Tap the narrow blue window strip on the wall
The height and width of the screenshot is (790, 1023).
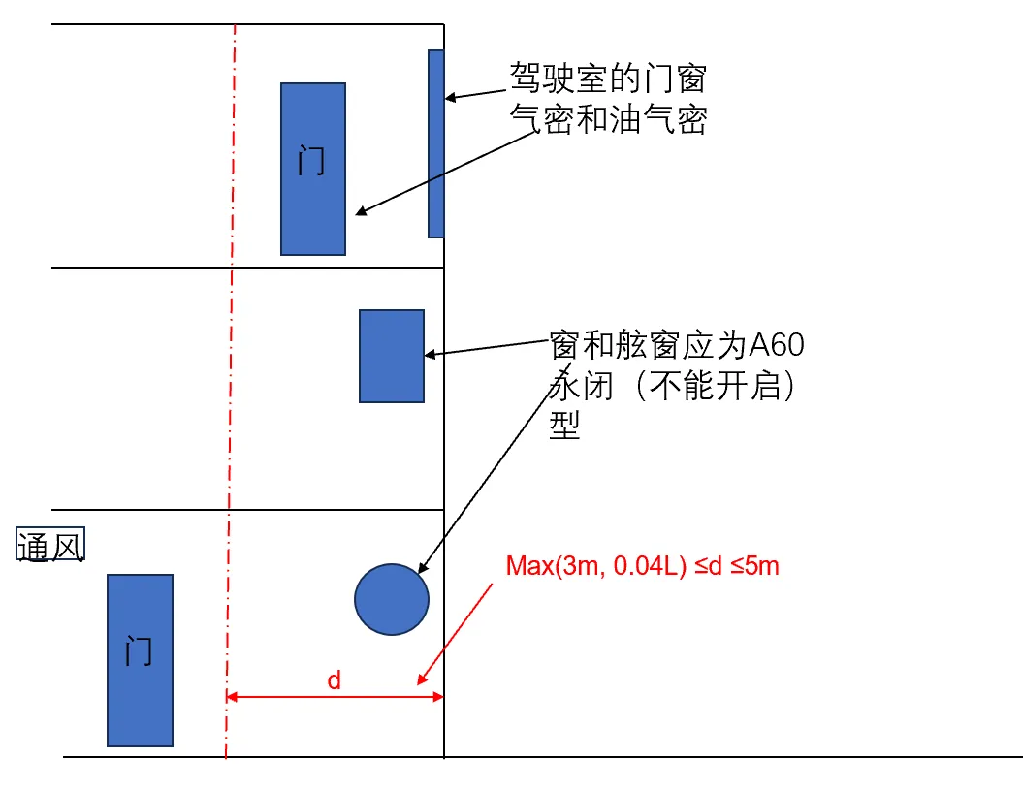pyautogui.click(x=436, y=143)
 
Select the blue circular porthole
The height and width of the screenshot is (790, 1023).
pyautogui.click(x=392, y=599)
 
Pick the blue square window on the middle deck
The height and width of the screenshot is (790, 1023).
pyautogui.click(x=392, y=356)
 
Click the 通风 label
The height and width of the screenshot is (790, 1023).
pyautogui.click(x=50, y=547)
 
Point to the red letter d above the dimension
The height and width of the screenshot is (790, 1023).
pyautogui.click(x=334, y=680)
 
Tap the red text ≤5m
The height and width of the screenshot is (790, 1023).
pyautogui.click(x=753, y=566)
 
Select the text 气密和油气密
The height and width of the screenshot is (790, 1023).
pyautogui.click(x=608, y=119)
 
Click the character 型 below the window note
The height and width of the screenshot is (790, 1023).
pyautogui.click(x=564, y=427)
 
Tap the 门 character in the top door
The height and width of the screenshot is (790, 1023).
pyautogui.click(x=311, y=160)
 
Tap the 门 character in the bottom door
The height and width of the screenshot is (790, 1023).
pyautogui.click(x=139, y=650)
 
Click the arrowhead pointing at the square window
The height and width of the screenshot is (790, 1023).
pyautogui.click(x=432, y=354)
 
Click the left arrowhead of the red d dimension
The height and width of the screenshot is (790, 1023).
pyautogui.click(x=232, y=696)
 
